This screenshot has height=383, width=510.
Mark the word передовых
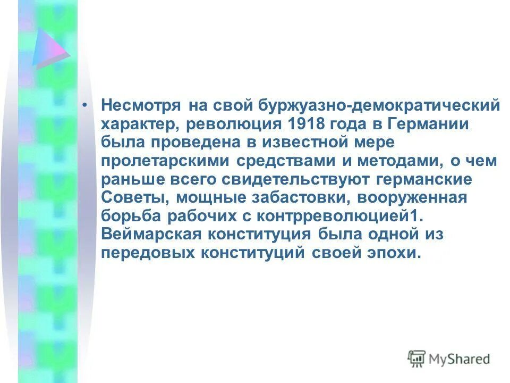(147, 253)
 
